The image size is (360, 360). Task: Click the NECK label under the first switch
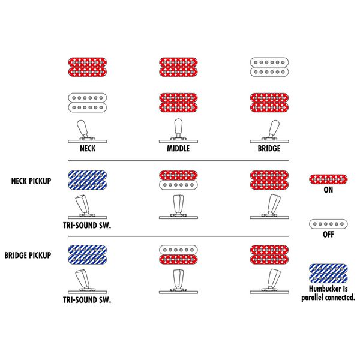point(88,146)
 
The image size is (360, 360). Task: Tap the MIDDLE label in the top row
point(178,146)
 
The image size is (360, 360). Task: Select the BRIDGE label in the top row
point(268,146)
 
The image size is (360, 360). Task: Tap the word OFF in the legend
point(328,235)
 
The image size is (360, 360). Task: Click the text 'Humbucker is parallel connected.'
point(328,292)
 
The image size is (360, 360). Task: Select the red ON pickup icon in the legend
point(328,179)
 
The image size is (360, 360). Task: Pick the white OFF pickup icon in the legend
point(328,224)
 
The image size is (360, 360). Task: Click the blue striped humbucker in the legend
point(328,274)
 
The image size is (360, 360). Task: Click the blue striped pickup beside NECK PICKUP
point(88,179)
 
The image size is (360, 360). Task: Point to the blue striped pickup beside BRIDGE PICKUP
point(88,255)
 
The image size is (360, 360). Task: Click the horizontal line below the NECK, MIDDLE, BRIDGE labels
point(178,160)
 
